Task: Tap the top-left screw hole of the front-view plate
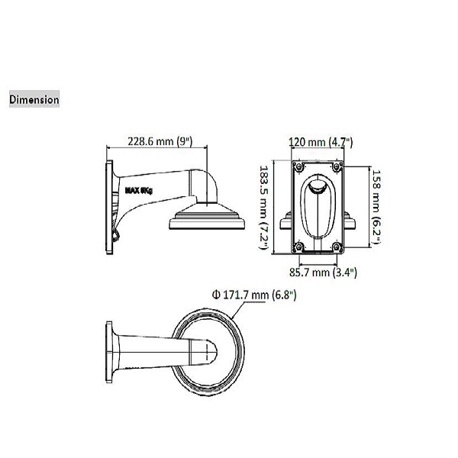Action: coord(297,166)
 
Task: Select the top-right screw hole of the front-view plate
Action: coord(338,166)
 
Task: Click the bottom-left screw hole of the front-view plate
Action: coord(297,246)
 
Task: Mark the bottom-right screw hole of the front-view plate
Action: coord(338,246)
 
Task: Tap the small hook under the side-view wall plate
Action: coord(116,234)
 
